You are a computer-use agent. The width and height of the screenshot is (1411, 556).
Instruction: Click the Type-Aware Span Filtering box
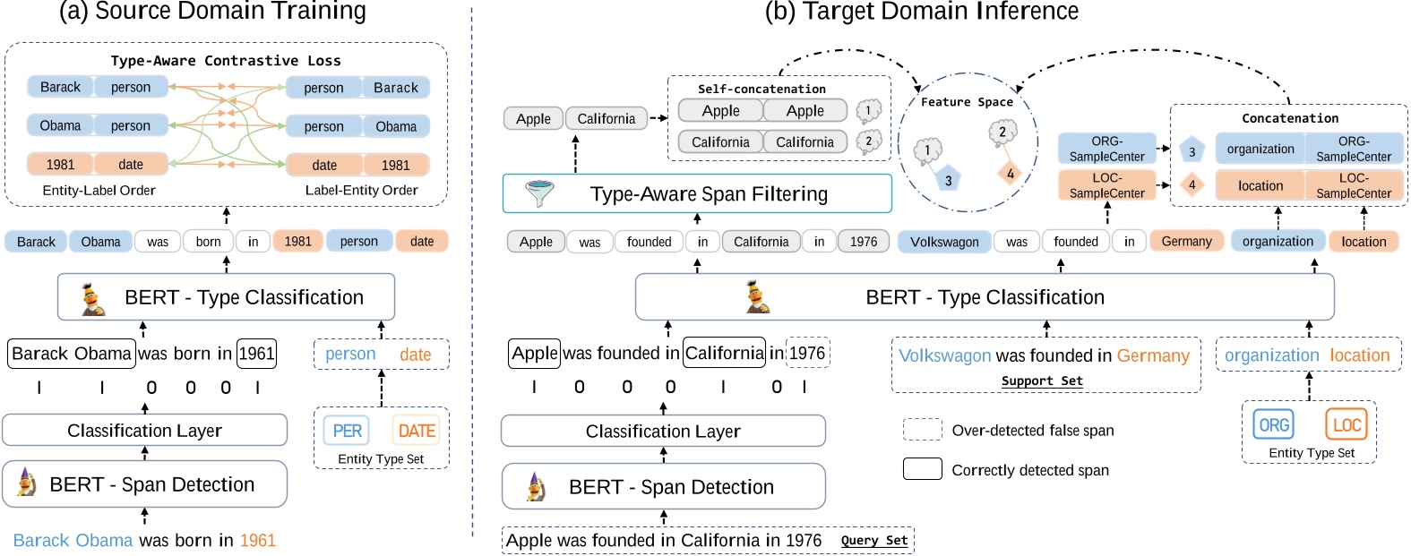[697, 193]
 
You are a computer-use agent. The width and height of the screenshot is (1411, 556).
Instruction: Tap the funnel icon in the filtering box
[539, 193]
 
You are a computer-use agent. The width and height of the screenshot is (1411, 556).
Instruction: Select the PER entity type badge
[347, 431]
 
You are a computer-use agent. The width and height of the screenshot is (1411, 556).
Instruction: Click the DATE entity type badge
[416, 431]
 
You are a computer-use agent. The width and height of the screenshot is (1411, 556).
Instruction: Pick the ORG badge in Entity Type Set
[1273, 424]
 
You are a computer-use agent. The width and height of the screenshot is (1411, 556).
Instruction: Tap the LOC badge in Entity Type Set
[1346, 424]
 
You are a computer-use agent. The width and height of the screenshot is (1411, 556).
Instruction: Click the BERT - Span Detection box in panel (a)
[144, 484]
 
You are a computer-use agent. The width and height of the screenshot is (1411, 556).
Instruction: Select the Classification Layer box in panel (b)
[663, 431]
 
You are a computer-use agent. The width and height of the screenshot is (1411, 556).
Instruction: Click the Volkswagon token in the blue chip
[943, 242]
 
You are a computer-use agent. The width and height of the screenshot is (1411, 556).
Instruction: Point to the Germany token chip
[1186, 241]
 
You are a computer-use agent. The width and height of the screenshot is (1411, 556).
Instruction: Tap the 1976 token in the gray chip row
[864, 242]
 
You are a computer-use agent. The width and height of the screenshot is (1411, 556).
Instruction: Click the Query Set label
[873, 540]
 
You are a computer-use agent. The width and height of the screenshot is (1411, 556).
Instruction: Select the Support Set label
[1042, 381]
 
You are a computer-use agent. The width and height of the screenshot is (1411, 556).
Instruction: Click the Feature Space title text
[967, 102]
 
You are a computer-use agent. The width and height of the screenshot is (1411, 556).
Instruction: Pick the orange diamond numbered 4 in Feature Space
[1010, 174]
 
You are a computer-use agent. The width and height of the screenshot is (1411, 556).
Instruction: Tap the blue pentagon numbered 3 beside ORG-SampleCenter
[1192, 151]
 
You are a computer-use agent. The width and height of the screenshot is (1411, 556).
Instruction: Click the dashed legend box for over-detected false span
[922, 430]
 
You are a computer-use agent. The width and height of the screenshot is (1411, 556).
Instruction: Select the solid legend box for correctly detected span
[922, 469]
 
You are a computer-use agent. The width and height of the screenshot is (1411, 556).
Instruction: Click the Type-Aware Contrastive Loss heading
[226, 61]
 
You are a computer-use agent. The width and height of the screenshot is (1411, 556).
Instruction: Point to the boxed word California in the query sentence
[724, 353]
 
